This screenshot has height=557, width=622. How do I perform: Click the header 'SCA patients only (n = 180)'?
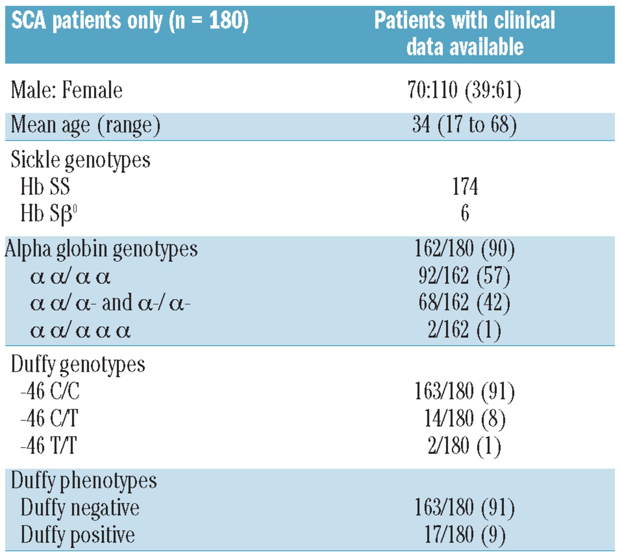click(130, 21)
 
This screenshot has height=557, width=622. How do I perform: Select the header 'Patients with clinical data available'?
click(465, 34)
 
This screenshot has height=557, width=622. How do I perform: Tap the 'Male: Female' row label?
click(67, 90)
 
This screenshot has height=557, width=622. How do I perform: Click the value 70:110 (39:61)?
click(464, 91)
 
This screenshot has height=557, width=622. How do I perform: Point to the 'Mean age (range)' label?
click(86, 125)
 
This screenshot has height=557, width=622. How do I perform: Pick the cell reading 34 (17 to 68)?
click(464, 125)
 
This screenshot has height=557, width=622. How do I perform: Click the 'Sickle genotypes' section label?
click(81, 160)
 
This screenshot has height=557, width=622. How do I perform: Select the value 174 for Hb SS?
click(465, 187)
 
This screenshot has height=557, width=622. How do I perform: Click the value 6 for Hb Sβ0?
click(465, 213)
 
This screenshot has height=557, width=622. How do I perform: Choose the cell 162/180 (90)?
click(464, 249)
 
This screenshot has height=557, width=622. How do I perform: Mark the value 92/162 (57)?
click(464, 276)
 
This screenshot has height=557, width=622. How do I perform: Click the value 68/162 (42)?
click(464, 303)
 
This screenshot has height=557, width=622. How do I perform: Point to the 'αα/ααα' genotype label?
click(80, 331)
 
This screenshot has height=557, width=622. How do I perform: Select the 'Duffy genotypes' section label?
click(78, 365)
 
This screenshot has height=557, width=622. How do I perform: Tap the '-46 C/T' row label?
click(49, 418)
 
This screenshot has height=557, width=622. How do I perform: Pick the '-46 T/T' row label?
click(49, 445)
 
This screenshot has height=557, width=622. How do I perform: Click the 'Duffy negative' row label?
click(80, 508)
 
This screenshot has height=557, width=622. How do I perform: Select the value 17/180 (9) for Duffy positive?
click(465, 535)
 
